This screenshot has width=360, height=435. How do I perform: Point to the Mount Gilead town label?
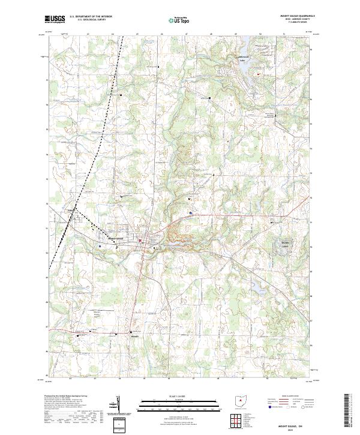point(115,236)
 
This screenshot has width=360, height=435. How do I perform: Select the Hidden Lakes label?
point(281,243)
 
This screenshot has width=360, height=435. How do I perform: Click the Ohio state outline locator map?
point(241,400)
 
